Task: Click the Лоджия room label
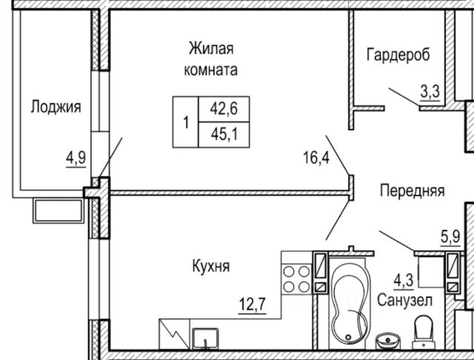coord(56,107)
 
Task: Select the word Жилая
coord(211,50)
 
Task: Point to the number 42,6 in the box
coord(221,108)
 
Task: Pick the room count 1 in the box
coord(186,121)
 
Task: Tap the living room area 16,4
coord(316,157)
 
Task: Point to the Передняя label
coord(412,191)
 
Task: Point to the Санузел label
coord(404,301)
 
